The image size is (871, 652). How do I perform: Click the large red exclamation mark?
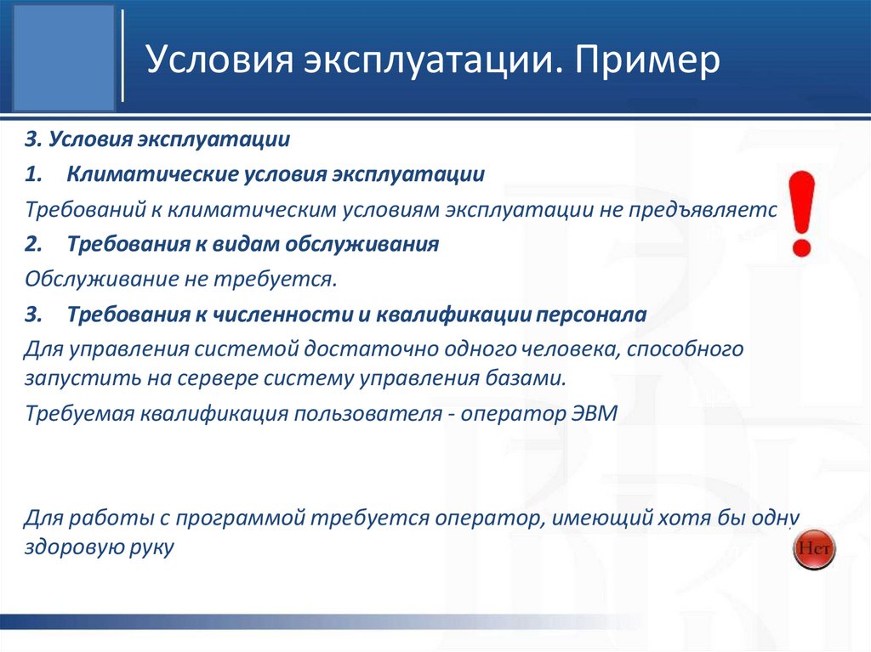(x=800, y=213)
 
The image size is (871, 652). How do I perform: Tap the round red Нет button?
(x=814, y=548)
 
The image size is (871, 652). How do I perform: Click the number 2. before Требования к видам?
(x=33, y=245)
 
